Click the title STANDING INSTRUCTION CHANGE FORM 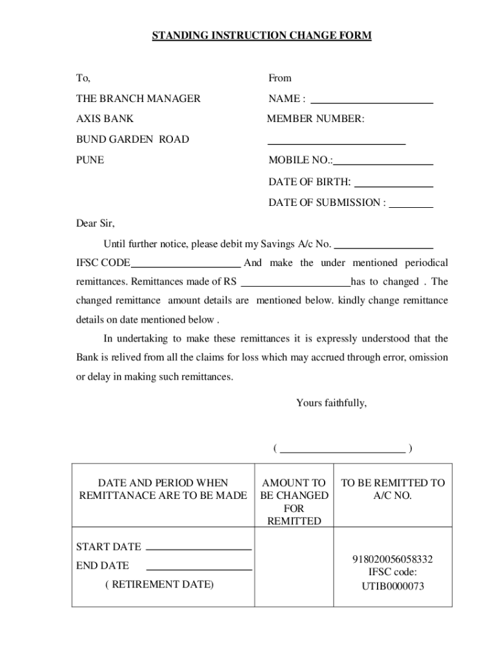click(x=261, y=36)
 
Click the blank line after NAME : click(x=372, y=102)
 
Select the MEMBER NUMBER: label click(x=316, y=119)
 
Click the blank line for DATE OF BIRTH click(x=394, y=186)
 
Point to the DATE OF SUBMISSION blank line click(x=411, y=206)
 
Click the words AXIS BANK click(x=105, y=119)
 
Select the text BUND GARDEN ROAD click(x=132, y=139)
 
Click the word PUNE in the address click(x=90, y=160)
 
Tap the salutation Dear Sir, click(x=96, y=223)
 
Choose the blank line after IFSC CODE click(x=186, y=265)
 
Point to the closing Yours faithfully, click(x=331, y=403)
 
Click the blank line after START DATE click(x=199, y=549)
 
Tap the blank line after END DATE click(x=199, y=569)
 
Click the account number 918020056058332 click(x=392, y=559)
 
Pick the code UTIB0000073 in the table click(x=392, y=587)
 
